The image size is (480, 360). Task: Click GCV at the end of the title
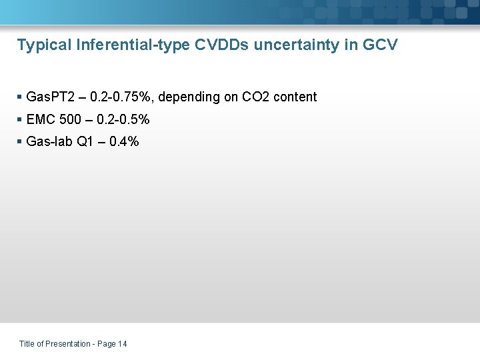tap(381, 45)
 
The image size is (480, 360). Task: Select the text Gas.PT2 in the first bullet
tap(49, 97)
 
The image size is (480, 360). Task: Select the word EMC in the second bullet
tap(39, 120)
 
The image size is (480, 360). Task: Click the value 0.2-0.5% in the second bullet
tap(123, 120)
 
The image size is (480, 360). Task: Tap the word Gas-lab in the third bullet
tap(47, 141)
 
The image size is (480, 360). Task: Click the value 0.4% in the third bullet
tap(124, 141)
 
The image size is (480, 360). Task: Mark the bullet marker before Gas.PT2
tap(19, 97)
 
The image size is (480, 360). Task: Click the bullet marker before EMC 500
tap(19, 120)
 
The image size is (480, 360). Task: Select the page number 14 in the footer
tap(122, 344)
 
